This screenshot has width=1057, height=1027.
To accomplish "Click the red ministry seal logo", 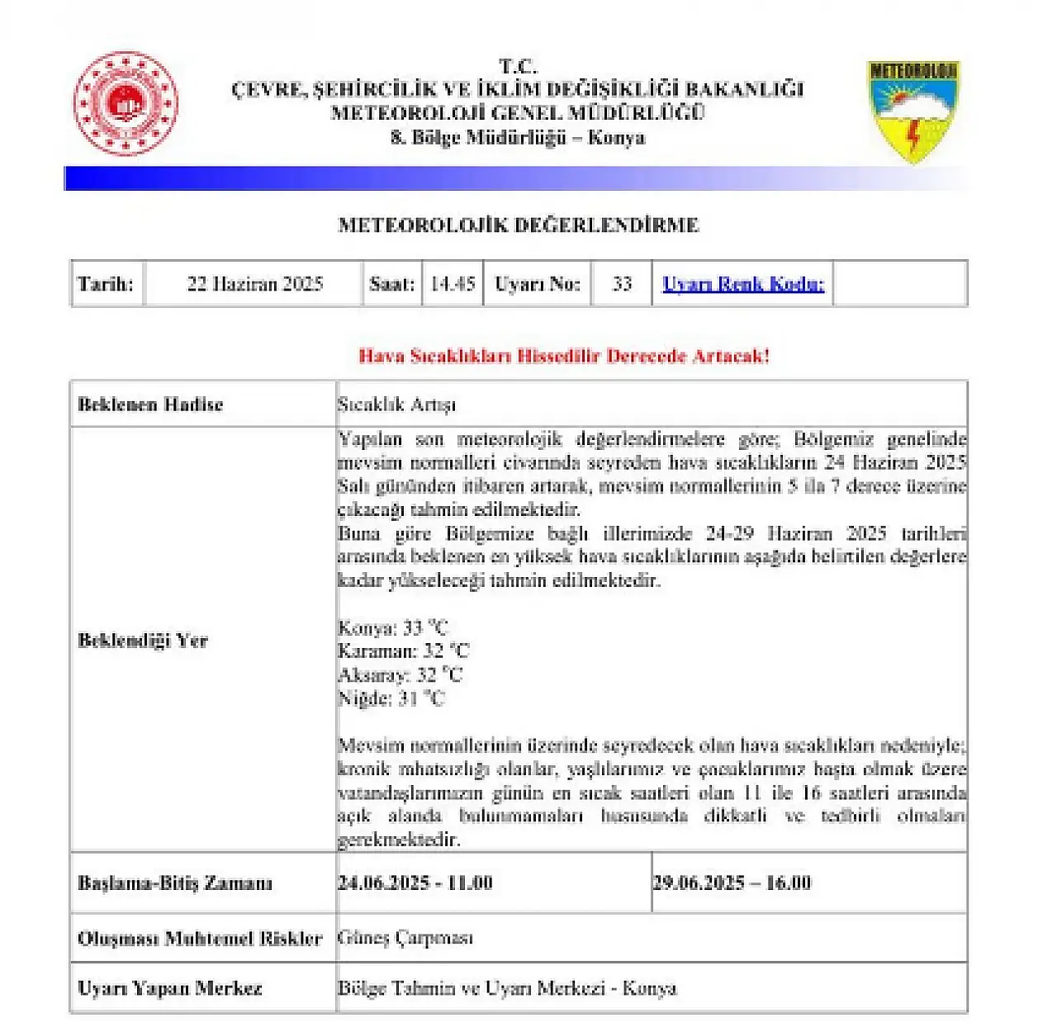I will pyautogui.click(x=126, y=104).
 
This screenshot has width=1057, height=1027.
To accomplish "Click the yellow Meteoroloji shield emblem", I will pyautogui.click(x=913, y=110).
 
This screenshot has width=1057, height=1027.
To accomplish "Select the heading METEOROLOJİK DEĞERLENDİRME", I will pyautogui.click(x=519, y=225).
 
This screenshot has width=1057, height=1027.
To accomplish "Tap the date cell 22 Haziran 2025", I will pyautogui.click(x=254, y=284).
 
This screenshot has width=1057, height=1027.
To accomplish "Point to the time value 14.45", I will pyautogui.click(x=453, y=284).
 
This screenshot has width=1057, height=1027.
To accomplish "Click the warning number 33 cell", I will pyautogui.click(x=622, y=284).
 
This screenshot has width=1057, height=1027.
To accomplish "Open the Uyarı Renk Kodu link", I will pyautogui.click(x=743, y=284).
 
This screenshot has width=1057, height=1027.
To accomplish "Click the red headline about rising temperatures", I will pyautogui.click(x=564, y=356).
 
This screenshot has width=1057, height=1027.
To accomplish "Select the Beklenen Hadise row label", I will pyautogui.click(x=150, y=405).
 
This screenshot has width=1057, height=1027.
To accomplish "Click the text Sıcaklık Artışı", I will pyautogui.click(x=396, y=405).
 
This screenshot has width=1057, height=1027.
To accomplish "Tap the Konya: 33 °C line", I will pyautogui.click(x=393, y=628).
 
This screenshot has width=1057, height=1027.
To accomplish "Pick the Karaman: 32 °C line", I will pyautogui.click(x=403, y=651).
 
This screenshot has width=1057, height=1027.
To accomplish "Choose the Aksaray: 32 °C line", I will pyautogui.click(x=401, y=675).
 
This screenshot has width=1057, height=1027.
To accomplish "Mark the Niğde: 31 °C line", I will pyautogui.click(x=391, y=698).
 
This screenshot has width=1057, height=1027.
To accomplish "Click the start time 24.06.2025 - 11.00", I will pyautogui.click(x=415, y=883).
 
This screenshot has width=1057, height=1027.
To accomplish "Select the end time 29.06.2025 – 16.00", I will pyautogui.click(x=732, y=883).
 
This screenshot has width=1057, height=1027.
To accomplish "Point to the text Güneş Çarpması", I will pyautogui.click(x=405, y=938).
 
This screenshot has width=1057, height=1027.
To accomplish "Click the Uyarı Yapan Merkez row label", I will pyautogui.click(x=169, y=988).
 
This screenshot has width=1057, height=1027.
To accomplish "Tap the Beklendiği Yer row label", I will pyautogui.click(x=143, y=641).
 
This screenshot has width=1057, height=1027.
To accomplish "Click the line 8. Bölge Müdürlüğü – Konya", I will pyautogui.click(x=518, y=138).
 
